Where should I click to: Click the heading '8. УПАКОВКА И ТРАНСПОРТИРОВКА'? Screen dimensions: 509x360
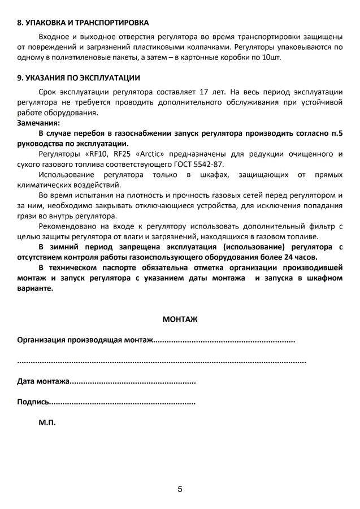tap(83, 23)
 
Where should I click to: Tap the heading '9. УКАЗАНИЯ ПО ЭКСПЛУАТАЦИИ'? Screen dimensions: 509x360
tap(79, 77)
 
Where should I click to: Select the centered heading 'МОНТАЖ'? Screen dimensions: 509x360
tap(180, 319)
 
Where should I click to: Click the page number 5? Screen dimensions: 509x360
tap(180, 489)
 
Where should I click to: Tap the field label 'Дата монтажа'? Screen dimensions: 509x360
tap(43, 382)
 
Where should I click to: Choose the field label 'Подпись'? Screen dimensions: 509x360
tap(33, 402)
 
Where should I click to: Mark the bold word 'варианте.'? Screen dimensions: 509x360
tap(36, 288)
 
